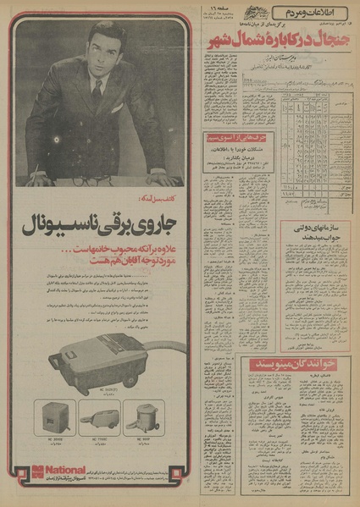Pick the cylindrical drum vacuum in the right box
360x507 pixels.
coord(141,416)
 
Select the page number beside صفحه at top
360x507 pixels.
coord(207,8)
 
